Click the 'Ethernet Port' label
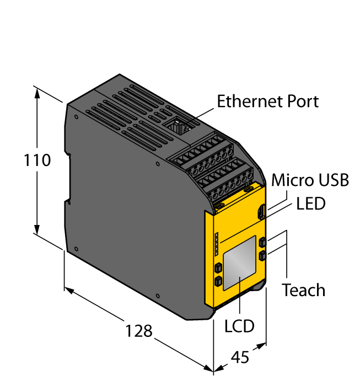(x=267, y=102)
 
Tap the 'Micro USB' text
(x=310, y=180)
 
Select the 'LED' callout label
(x=310, y=203)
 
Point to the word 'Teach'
(x=303, y=290)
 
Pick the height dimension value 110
(x=37, y=160)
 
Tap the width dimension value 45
(x=239, y=357)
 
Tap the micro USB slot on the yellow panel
(x=262, y=212)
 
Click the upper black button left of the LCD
(x=218, y=268)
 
